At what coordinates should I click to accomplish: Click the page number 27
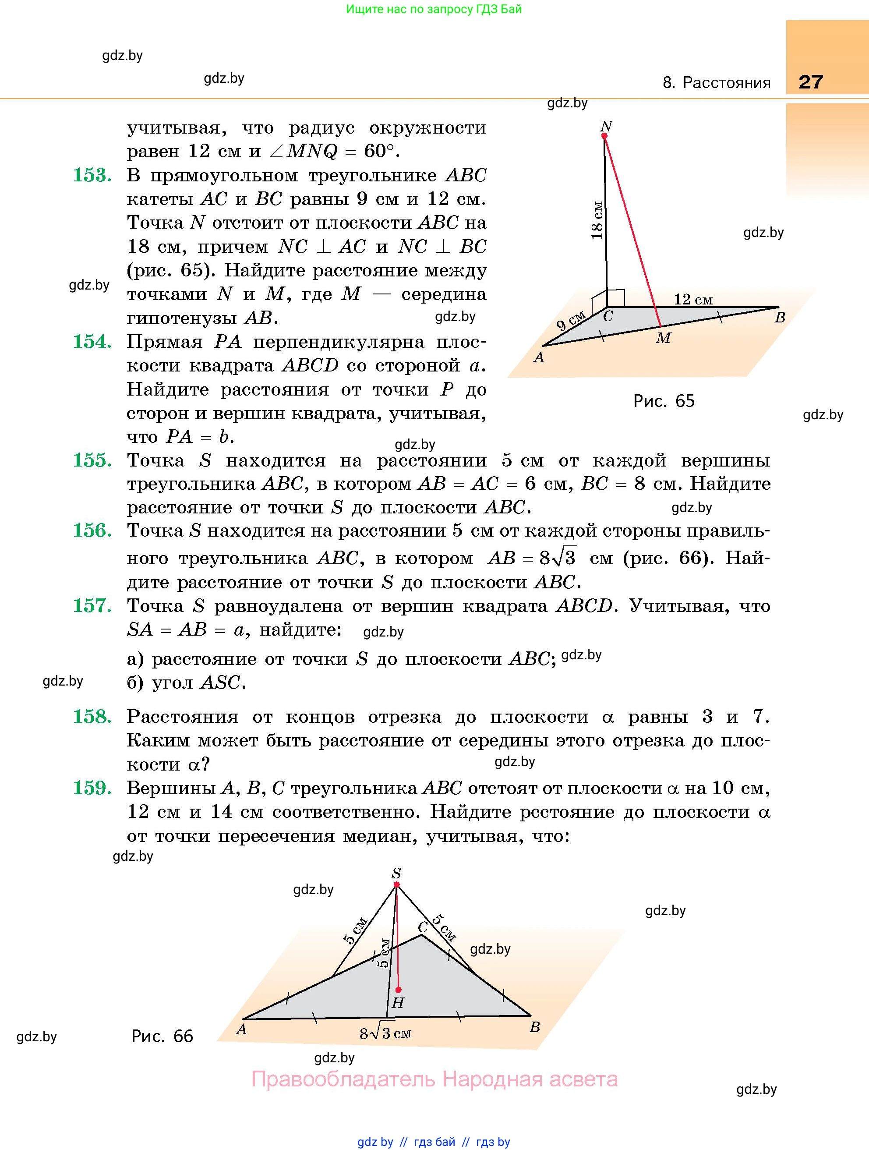click(811, 82)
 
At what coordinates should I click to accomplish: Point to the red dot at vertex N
click(604, 136)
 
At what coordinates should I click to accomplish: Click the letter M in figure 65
click(663, 338)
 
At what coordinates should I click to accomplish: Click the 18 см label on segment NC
click(597, 220)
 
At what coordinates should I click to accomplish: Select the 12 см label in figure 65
click(693, 299)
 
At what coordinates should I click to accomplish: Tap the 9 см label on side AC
click(570, 321)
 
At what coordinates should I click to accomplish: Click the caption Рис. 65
click(664, 401)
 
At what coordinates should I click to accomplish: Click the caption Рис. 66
click(162, 1036)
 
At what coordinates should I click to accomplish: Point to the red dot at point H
click(398, 989)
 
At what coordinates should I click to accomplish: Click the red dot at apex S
click(396, 884)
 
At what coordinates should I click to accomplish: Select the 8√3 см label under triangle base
click(385, 1033)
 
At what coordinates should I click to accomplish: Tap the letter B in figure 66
click(534, 1027)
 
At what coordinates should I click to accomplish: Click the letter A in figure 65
click(538, 357)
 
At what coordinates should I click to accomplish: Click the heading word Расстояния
click(726, 83)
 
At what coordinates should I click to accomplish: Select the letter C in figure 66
click(423, 927)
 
